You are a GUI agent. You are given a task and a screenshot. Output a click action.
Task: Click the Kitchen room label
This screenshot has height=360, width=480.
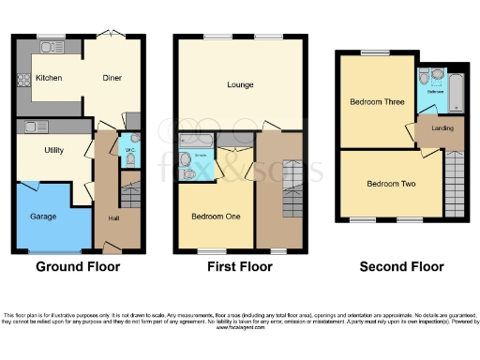click(x=49, y=78)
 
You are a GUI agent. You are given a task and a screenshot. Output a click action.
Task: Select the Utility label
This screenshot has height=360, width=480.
click(x=53, y=150)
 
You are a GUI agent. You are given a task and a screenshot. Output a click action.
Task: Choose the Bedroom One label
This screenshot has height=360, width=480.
click(x=216, y=217)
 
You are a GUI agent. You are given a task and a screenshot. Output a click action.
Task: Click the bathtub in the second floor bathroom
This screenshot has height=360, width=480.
click(x=457, y=91)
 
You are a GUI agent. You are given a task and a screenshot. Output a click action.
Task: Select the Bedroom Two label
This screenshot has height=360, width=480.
click(x=391, y=184)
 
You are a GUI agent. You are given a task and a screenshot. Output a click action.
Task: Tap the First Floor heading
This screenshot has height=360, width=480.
click(x=239, y=267)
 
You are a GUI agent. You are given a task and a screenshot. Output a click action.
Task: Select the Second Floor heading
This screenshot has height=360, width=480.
click(x=401, y=267)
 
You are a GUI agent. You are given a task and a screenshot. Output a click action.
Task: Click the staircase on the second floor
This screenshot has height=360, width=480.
click(x=454, y=184)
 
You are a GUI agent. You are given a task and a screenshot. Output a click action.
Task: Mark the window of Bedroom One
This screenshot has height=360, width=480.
click(x=208, y=251)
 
